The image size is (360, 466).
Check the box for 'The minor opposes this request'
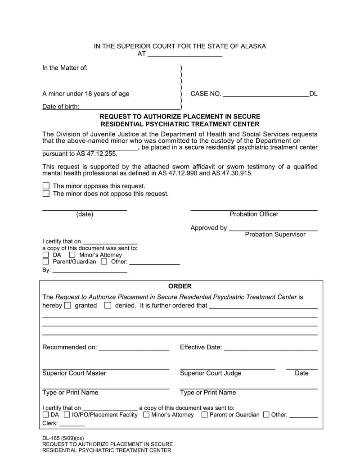[46, 186]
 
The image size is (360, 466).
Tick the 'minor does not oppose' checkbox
[46, 194]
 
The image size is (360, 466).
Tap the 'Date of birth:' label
[61, 107]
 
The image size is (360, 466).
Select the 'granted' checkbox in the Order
[68, 306]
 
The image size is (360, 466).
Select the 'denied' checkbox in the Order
[108, 306]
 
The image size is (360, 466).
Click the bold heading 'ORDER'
[180, 286]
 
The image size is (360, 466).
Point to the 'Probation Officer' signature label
[254, 214]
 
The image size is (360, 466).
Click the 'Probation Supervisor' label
[275, 235]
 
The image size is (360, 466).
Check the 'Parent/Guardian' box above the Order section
[45, 262]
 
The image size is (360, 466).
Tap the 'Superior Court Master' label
[74, 373]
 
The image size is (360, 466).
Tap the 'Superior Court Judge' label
[211, 373]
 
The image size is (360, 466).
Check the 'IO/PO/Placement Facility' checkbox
[67, 415]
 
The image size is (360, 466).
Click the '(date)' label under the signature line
[85, 214]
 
